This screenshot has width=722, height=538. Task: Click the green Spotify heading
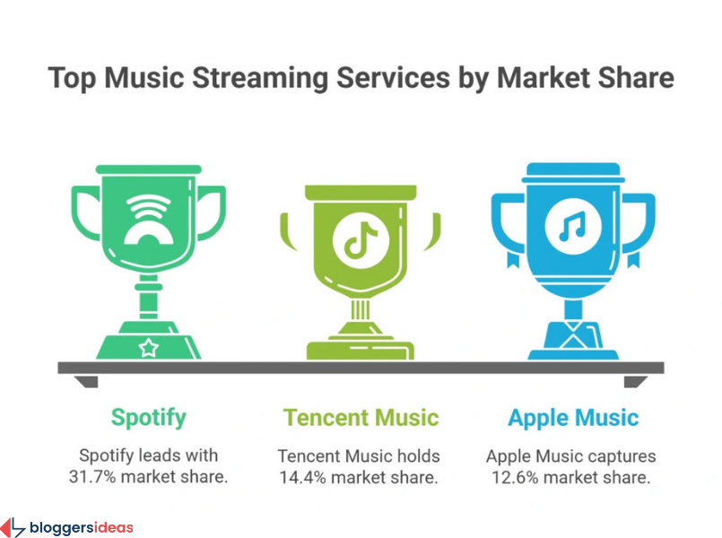[148, 417]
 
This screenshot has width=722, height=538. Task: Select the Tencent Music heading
[361, 417]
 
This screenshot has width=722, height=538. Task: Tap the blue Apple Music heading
[573, 417]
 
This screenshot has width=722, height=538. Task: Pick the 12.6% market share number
[518, 476]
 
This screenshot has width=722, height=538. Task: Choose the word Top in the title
[73, 78]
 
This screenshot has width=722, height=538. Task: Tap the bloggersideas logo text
[81, 526]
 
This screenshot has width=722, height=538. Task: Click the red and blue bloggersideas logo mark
[13, 526]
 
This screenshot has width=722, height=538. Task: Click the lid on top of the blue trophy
[572, 170]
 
